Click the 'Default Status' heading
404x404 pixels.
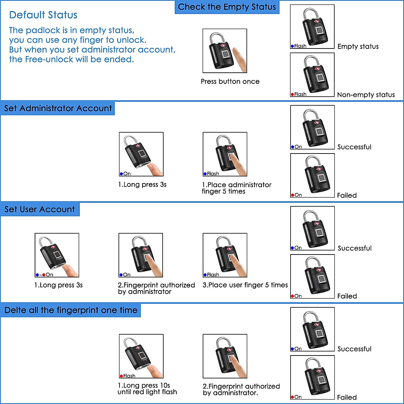(x=43, y=15)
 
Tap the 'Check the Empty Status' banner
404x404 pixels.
(x=227, y=7)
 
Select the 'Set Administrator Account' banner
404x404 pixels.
(x=58, y=108)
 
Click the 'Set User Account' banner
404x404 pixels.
(x=40, y=209)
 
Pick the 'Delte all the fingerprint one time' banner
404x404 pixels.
(x=71, y=310)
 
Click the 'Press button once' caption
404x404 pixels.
(x=230, y=81)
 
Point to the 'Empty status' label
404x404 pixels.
(x=358, y=46)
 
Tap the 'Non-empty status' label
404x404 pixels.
(x=366, y=95)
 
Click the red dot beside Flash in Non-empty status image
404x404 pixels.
(x=292, y=95)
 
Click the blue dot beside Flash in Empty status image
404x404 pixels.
(x=292, y=46)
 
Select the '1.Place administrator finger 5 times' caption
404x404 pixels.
(x=236, y=188)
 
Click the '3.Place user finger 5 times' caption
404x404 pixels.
(x=245, y=285)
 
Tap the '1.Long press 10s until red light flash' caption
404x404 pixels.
(x=147, y=389)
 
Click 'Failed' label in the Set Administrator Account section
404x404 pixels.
(x=347, y=195)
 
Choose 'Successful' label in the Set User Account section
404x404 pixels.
(x=355, y=248)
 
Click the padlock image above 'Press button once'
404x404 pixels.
(x=225, y=51)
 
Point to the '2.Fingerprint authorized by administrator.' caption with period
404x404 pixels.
(x=241, y=390)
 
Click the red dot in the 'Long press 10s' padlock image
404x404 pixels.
(x=121, y=376)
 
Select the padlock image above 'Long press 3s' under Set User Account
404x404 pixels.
(x=57, y=255)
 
